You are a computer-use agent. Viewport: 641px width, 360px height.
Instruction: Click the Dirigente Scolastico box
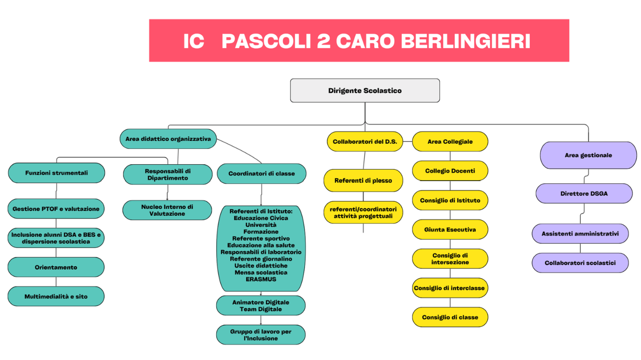pyautogui.click(x=365, y=90)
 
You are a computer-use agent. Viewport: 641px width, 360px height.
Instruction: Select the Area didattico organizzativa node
pyautogui.click(x=168, y=139)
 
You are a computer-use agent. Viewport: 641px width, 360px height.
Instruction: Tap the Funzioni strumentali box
pyautogui.click(x=57, y=173)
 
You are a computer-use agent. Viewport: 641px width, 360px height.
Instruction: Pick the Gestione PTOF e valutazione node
pyautogui.click(x=56, y=209)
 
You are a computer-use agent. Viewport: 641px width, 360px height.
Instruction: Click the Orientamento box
pyautogui.click(x=56, y=267)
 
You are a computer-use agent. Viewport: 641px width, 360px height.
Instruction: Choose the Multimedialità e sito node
pyautogui.click(x=56, y=296)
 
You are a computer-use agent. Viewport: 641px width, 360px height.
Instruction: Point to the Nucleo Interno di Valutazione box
pyautogui.click(x=167, y=210)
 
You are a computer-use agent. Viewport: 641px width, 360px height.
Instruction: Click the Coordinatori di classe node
pyautogui.click(x=262, y=174)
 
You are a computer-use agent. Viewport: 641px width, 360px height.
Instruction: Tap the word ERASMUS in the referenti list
pyautogui.click(x=261, y=279)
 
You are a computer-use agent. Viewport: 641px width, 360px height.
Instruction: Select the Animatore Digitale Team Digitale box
pyautogui.click(x=261, y=306)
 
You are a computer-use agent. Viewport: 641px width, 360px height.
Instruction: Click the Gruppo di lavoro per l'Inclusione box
pyautogui.click(x=261, y=335)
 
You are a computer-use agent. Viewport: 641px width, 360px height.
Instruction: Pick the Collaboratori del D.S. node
pyautogui.click(x=365, y=141)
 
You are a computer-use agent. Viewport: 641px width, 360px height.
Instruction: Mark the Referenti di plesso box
pyautogui.click(x=363, y=180)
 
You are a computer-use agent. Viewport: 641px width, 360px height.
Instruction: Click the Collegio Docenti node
pyautogui.click(x=450, y=171)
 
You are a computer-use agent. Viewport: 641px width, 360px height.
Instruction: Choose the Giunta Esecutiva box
pyautogui.click(x=450, y=230)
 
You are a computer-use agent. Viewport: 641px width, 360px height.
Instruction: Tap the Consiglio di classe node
pyautogui.click(x=450, y=317)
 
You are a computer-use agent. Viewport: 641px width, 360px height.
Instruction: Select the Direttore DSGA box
pyautogui.click(x=584, y=193)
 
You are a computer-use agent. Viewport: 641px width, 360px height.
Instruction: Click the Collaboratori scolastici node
pyautogui.click(x=580, y=263)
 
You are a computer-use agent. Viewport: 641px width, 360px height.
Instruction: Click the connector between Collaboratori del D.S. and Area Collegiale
pyautogui.click(x=408, y=141)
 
